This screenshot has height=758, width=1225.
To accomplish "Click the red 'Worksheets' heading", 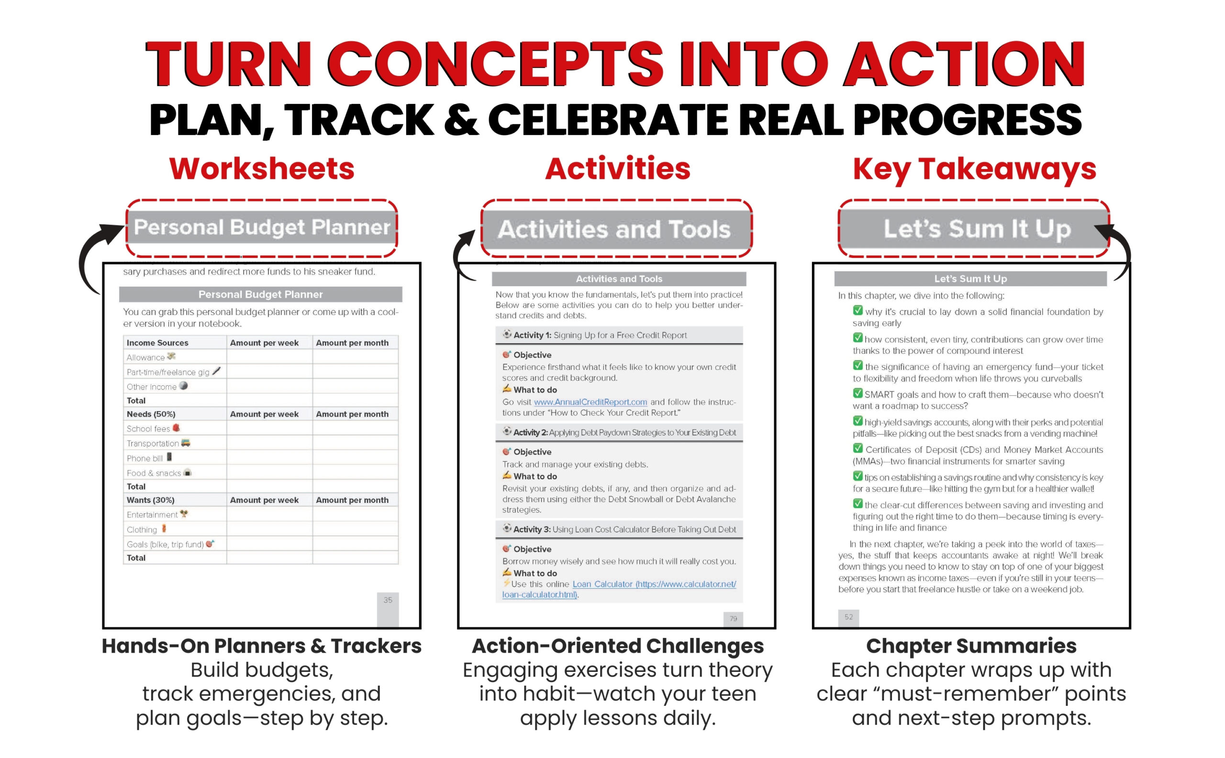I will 262,169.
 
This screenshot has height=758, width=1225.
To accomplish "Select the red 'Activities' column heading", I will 617,169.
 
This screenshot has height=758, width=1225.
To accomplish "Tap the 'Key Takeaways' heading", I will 974,169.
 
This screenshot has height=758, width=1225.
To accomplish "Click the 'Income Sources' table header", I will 157,343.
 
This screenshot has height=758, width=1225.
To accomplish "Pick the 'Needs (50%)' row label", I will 151,414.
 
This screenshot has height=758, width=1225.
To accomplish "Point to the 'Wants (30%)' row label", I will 150,500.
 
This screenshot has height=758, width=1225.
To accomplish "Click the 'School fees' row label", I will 148,429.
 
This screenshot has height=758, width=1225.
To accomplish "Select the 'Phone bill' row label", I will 145,458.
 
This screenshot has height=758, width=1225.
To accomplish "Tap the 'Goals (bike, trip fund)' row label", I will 165,545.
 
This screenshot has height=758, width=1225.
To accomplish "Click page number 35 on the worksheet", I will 388,600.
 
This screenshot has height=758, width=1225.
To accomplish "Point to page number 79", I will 733,619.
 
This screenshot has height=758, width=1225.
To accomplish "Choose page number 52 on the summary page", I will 848,617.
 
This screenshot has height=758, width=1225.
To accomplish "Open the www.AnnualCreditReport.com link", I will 590,402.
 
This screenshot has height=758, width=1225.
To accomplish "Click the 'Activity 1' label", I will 532,335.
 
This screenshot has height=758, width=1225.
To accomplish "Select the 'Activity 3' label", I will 532,529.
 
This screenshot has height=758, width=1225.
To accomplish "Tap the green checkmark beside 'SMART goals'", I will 857,393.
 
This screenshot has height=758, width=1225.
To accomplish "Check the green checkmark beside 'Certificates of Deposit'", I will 857,448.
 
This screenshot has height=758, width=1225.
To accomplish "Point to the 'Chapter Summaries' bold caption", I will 971,646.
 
